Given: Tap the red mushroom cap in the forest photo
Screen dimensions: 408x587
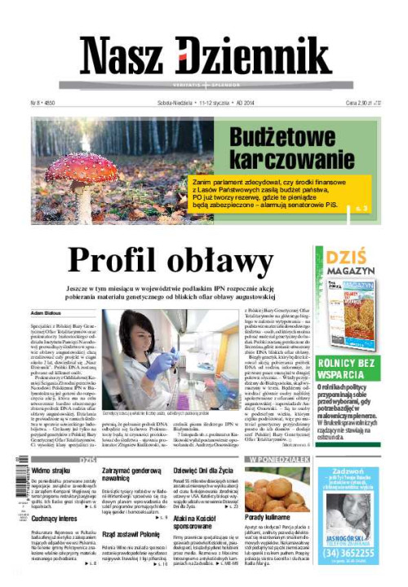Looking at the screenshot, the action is coord(82,166).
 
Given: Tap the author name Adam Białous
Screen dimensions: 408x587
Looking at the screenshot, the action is coord(47,311).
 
